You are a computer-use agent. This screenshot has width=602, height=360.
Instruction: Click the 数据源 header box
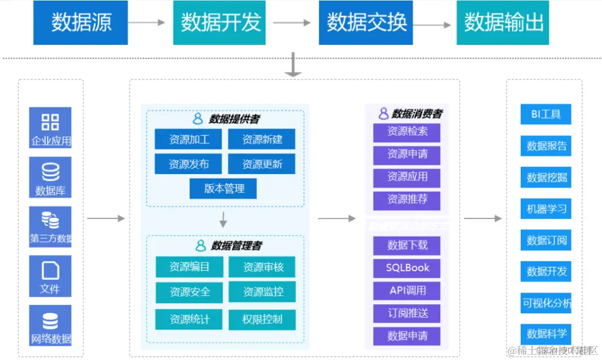[80, 23]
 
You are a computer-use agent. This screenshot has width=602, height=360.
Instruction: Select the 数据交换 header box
[366, 23]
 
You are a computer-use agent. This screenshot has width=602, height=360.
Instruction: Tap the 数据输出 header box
[503, 23]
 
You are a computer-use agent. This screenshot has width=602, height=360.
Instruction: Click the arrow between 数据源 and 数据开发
[146, 23]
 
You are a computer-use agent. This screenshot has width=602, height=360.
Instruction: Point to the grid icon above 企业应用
[50, 122]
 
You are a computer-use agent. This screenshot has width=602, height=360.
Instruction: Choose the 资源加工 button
[189, 139]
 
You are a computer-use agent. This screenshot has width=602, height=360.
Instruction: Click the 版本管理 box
[223, 189]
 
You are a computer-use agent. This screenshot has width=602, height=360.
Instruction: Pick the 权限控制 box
[262, 319]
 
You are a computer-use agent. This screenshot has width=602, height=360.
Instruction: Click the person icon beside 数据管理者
[201, 246]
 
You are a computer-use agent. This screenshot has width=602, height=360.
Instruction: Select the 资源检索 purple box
[407, 132]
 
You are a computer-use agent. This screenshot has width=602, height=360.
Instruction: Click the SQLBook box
[407, 268]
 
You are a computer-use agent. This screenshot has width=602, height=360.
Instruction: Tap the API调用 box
[407, 291]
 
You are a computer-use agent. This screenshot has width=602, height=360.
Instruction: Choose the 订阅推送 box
[407, 313]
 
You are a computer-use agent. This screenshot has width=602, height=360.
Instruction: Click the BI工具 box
[546, 114]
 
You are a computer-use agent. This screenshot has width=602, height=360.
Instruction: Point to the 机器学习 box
[546, 209]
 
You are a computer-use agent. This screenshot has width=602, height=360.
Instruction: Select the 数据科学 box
[546, 334]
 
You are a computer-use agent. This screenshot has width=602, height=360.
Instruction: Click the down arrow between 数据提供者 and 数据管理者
[223, 220]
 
